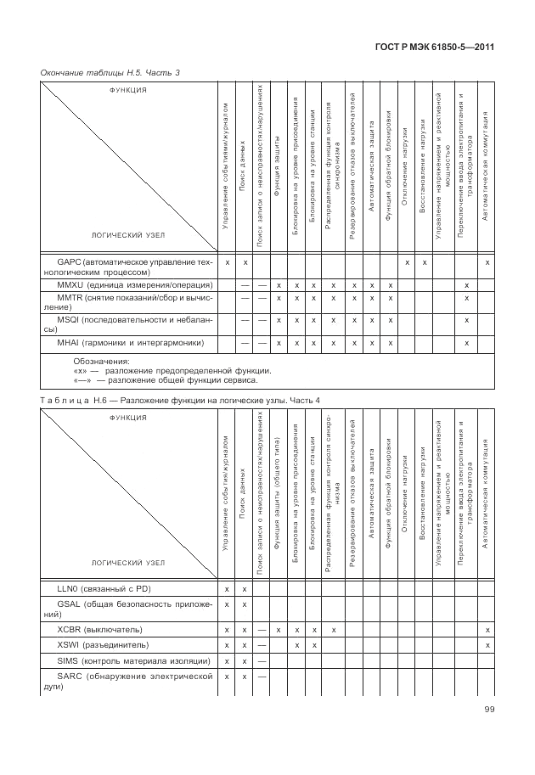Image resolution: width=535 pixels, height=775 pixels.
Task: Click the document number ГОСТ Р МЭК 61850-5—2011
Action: [x=448, y=48]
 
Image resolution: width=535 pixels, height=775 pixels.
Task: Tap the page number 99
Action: [x=490, y=710]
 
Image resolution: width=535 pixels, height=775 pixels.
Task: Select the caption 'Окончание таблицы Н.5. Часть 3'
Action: [x=110, y=73]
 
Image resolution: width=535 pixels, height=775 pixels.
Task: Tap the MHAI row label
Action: [x=130, y=343]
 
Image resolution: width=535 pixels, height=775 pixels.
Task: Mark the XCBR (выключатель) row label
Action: [x=99, y=630]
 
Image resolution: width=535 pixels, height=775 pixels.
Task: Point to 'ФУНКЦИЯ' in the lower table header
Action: [x=128, y=418]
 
